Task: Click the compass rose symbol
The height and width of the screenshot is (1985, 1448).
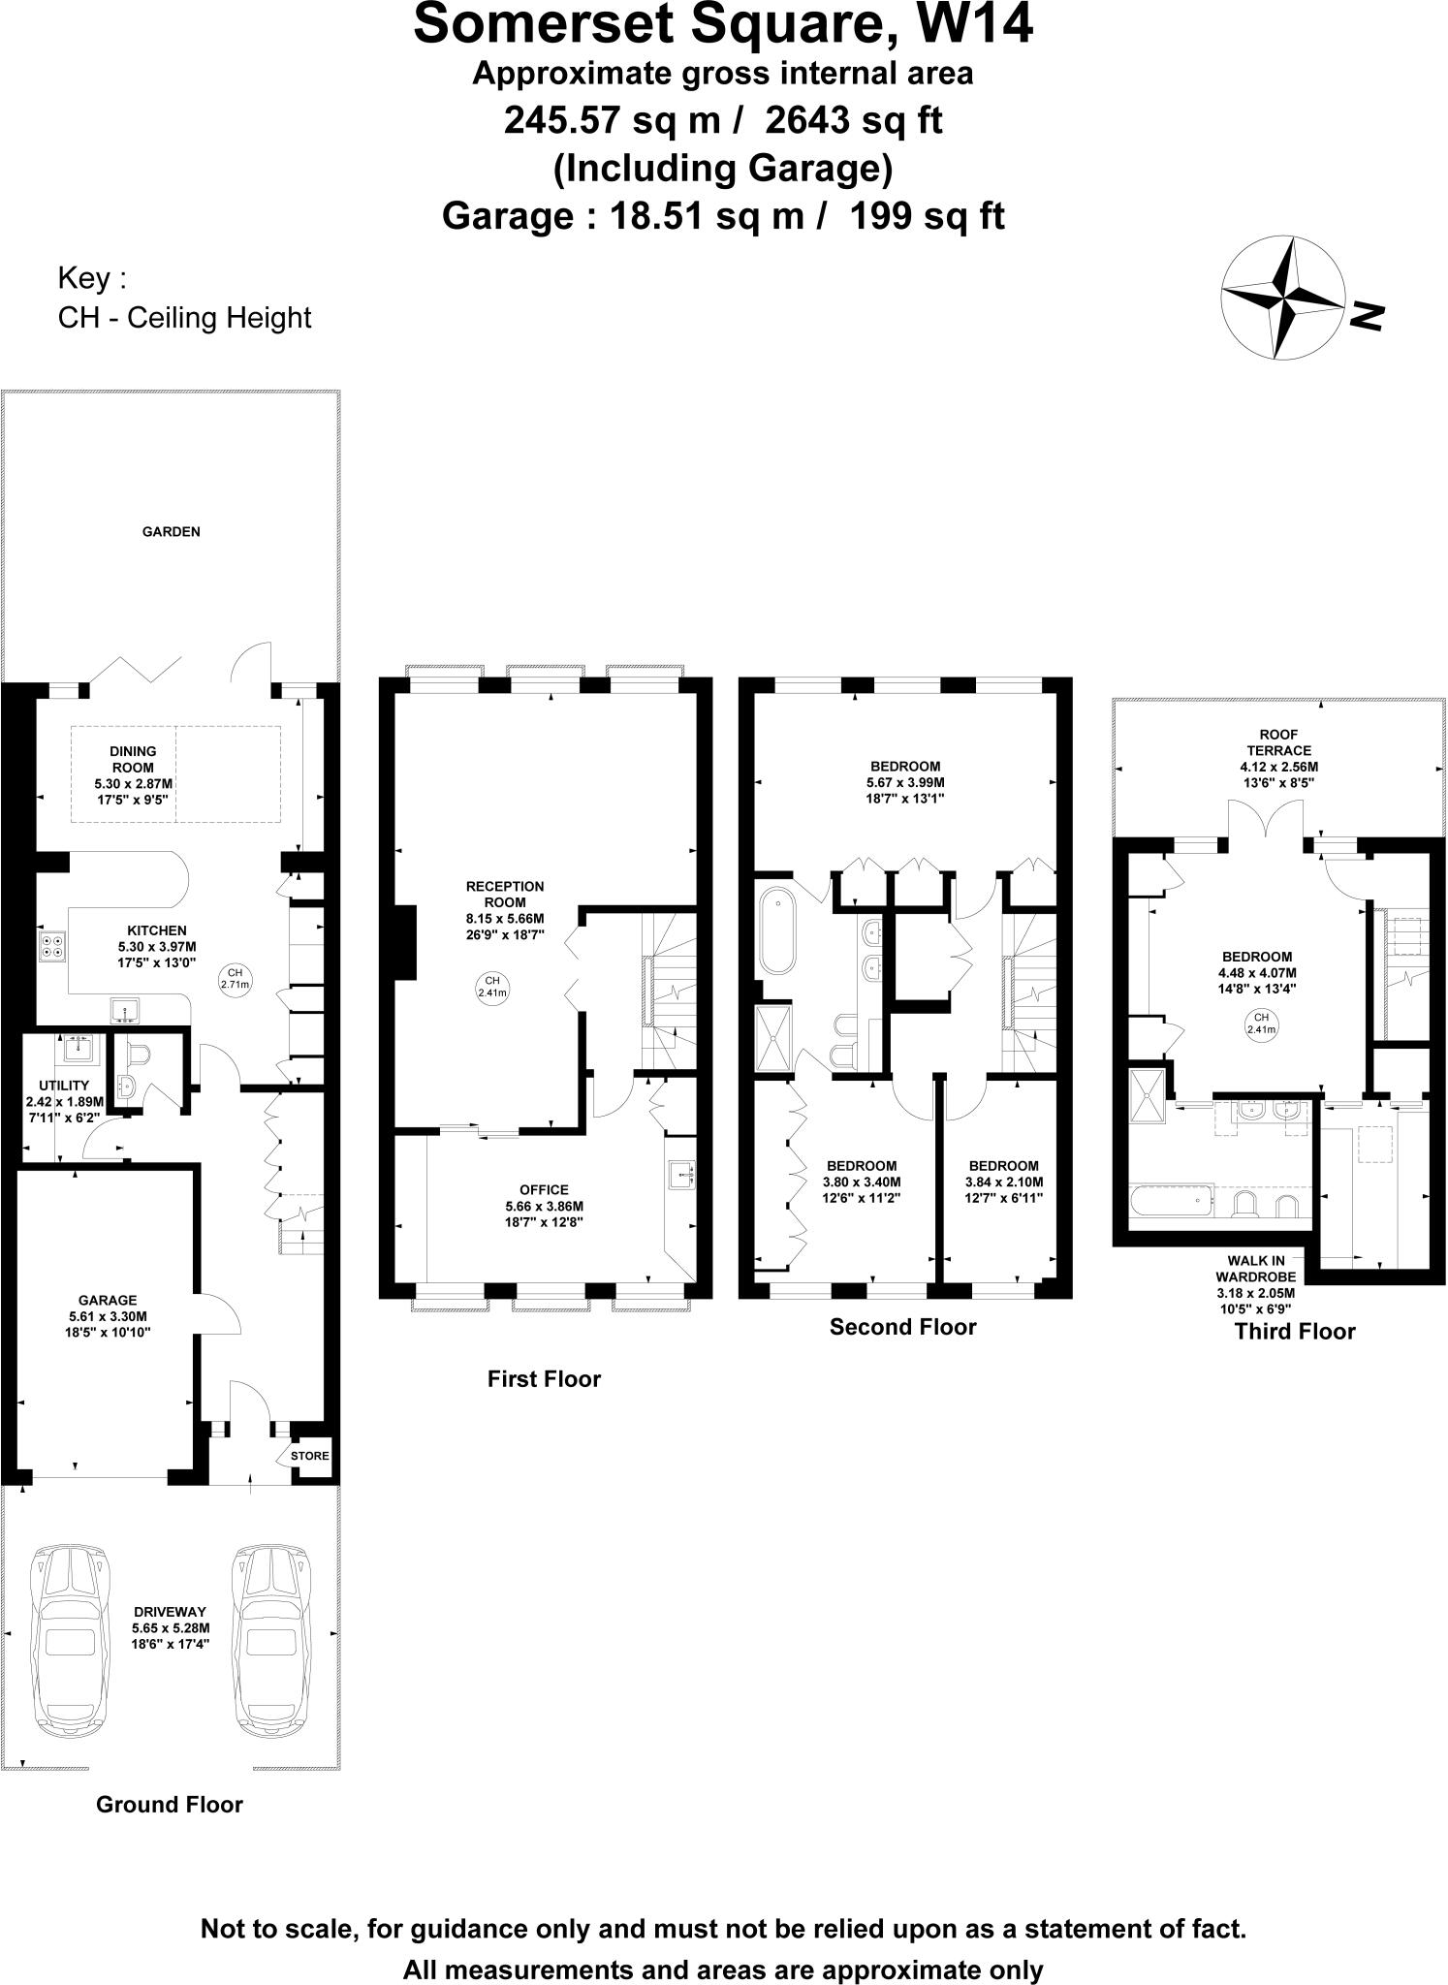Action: point(1284,299)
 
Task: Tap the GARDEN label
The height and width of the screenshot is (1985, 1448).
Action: point(172,531)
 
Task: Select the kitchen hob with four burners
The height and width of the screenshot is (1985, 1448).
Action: point(52,945)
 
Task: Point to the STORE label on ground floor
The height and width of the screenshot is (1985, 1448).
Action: point(310,1456)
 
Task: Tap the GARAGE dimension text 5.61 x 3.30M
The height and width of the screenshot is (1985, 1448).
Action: point(108,1316)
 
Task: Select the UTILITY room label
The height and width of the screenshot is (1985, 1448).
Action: point(64,1085)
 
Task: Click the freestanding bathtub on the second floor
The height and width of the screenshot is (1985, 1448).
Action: point(776,930)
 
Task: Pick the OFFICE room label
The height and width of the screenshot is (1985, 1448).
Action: point(544,1189)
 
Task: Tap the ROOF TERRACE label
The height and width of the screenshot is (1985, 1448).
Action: point(1278,742)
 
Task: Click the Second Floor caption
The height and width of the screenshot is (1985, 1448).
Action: point(902,1326)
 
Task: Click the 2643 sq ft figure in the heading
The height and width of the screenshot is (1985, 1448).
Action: point(854,121)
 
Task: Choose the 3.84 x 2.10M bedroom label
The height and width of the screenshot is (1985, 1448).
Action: point(1003,1182)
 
